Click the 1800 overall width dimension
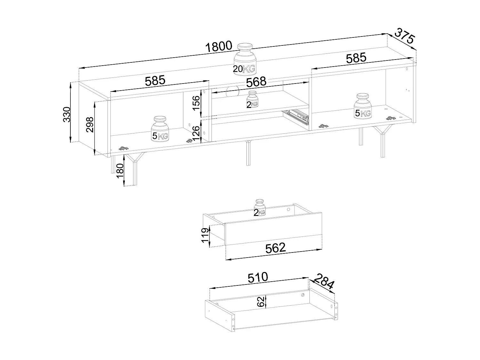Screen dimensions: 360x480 coord(219,46)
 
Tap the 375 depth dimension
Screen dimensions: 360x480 coord(404,36)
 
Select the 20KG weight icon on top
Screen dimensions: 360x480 coord(245,60)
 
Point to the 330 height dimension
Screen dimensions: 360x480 coord(67,114)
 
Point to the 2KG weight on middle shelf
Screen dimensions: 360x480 coord(252,100)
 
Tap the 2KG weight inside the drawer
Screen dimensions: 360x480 coord(260,208)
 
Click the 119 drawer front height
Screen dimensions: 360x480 coord(205,236)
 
